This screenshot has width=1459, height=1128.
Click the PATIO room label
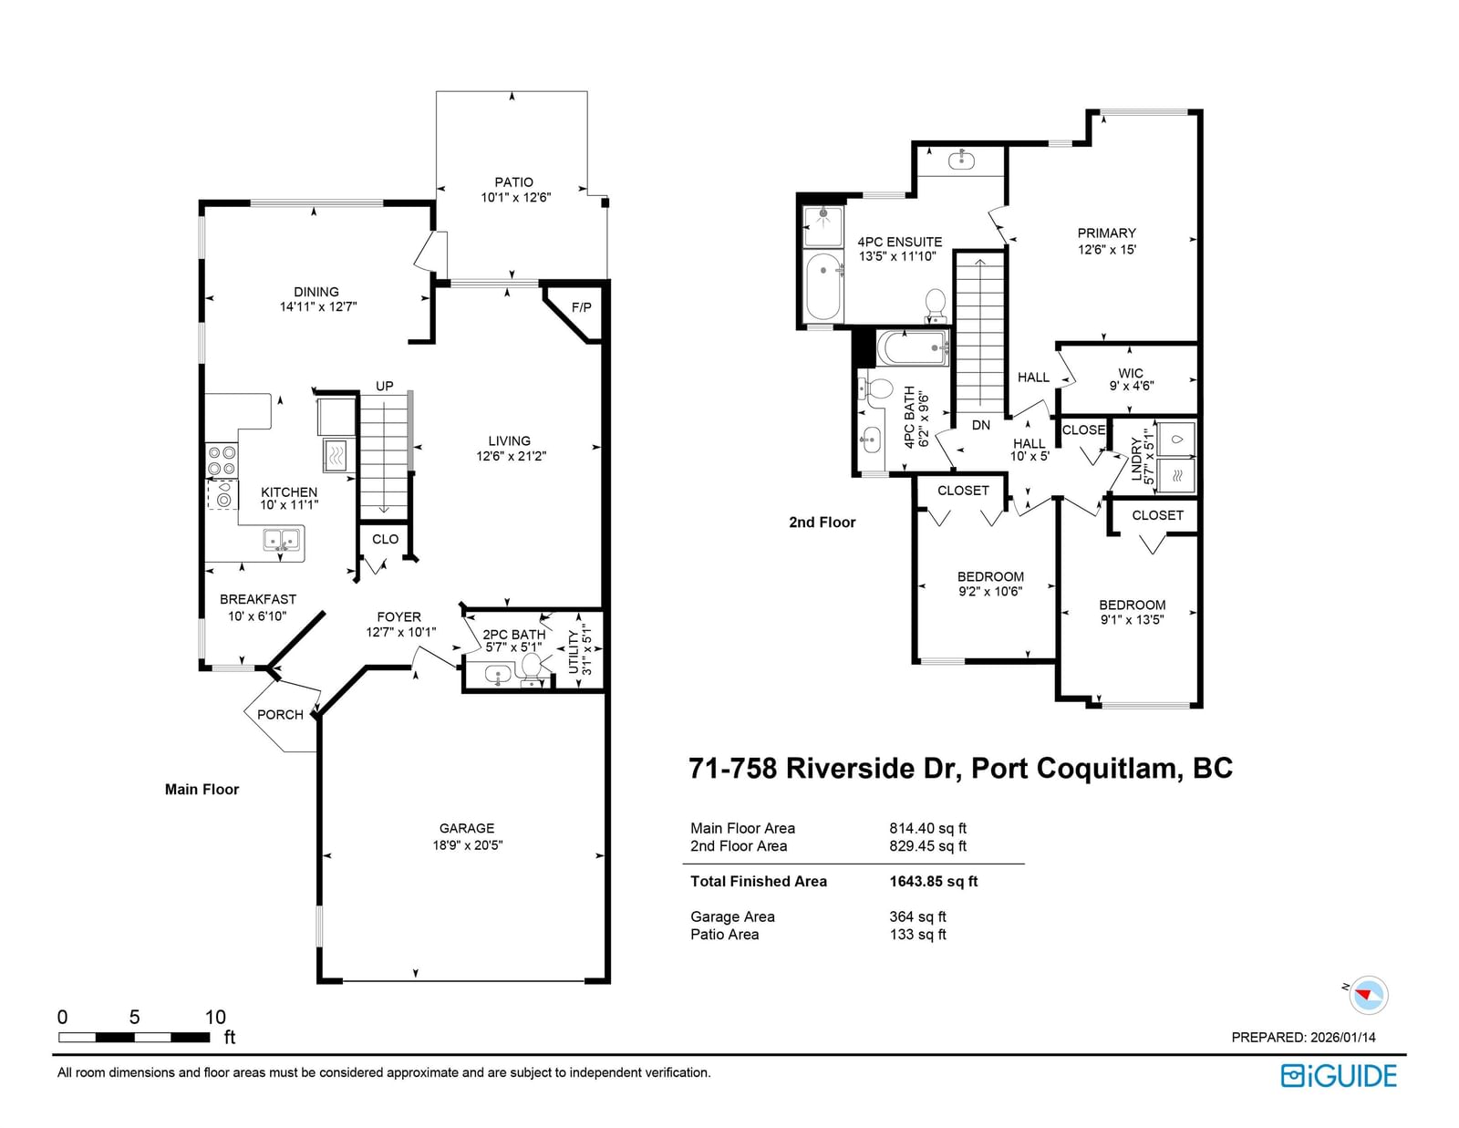(x=513, y=182)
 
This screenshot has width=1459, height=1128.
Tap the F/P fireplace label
(x=582, y=307)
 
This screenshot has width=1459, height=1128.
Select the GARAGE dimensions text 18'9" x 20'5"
(x=467, y=844)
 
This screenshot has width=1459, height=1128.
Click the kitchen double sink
(x=282, y=540)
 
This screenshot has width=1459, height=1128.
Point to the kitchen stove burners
(x=222, y=460)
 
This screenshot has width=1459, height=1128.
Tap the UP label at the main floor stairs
(x=384, y=386)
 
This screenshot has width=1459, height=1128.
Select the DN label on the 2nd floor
(x=981, y=425)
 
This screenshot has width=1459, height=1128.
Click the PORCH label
(x=280, y=714)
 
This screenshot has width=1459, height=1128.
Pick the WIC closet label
(x=1131, y=373)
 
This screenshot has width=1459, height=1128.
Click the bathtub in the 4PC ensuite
(x=823, y=286)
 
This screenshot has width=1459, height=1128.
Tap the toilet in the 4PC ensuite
(x=936, y=305)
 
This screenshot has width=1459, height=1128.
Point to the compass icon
(x=1368, y=995)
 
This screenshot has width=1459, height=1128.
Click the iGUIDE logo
(x=1339, y=1076)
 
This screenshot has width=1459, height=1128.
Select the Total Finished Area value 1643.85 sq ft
(x=933, y=881)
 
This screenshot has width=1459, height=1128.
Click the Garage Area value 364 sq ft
(x=918, y=916)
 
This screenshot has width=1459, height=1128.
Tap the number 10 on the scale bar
(x=215, y=1017)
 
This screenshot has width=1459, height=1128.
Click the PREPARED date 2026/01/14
(x=1343, y=1038)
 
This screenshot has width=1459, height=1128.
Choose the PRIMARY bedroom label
(x=1106, y=233)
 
